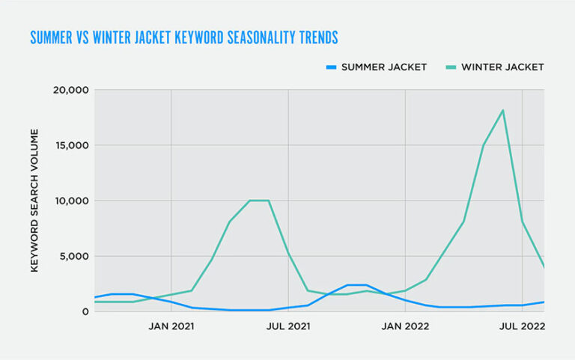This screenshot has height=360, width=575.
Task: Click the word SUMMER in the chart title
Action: (x=52, y=37)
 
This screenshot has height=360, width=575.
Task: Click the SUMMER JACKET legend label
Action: (x=383, y=67)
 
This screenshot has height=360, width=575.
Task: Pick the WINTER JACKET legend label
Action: (x=502, y=67)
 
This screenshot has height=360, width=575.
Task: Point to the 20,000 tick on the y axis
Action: (x=72, y=90)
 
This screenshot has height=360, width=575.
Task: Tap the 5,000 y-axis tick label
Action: (x=76, y=256)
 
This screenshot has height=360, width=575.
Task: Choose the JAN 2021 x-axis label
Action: (x=171, y=326)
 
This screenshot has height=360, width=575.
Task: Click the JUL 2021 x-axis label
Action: (x=288, y=326)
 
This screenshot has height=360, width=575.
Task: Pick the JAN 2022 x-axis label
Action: (x=405, y=326)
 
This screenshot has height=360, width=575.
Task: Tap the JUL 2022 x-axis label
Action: (x=522, y=326)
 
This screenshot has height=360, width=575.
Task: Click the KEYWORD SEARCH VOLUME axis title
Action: (x=34, y=201)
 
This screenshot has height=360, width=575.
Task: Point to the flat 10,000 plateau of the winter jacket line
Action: (x=259, y=201)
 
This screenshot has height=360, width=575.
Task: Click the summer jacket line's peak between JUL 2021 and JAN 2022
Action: (x=356, y=285)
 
